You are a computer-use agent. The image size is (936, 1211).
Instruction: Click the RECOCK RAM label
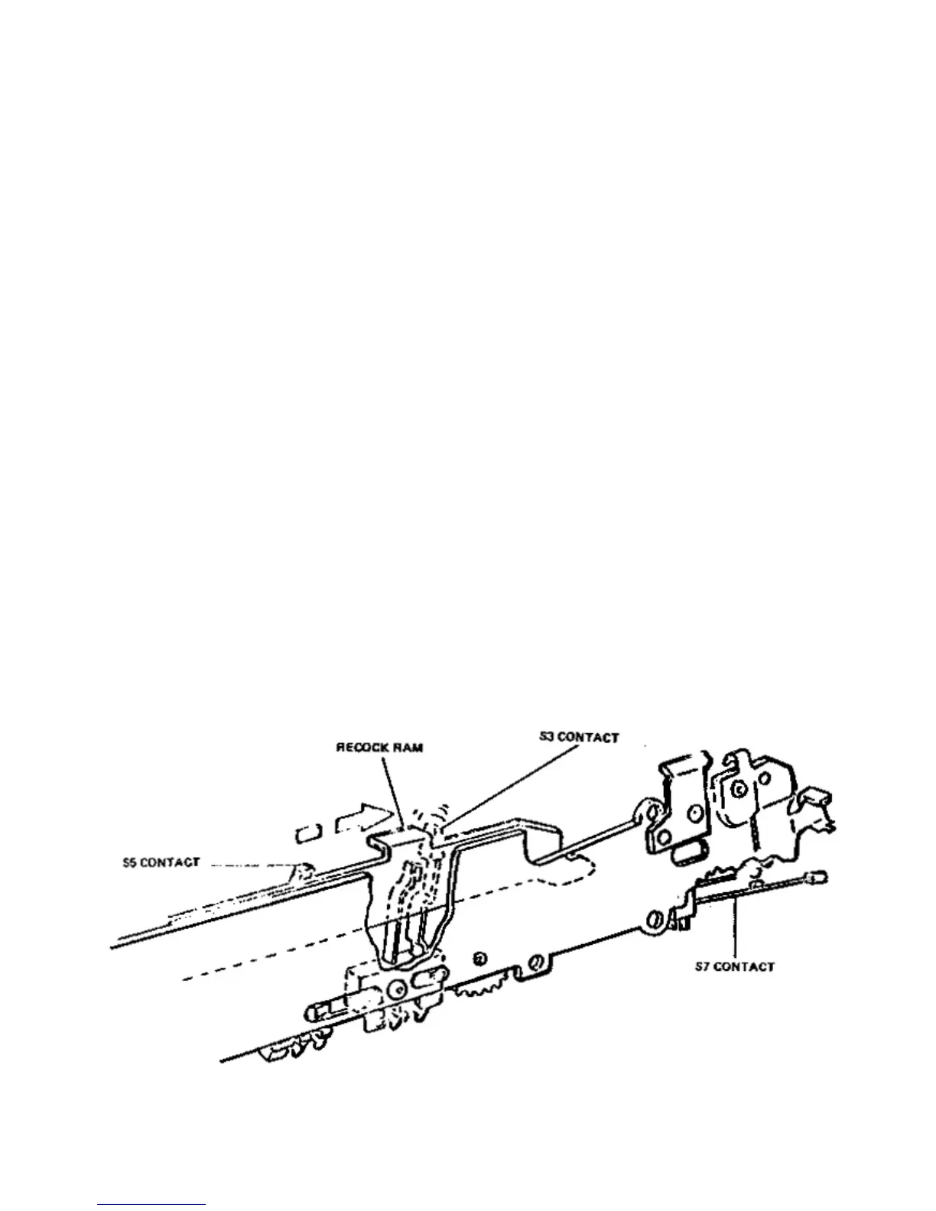[x=379, y=748]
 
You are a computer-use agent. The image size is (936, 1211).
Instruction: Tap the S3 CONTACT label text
[x=577, y=737]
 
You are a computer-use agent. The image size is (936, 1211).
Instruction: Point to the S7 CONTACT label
[x=733, y=966]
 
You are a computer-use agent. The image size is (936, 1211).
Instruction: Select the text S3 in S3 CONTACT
[x=544, y=737]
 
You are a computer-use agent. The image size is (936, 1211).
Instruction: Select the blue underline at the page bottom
[x=151, y=1205]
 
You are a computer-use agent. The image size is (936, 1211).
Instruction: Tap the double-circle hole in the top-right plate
[x=739, y=787]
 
